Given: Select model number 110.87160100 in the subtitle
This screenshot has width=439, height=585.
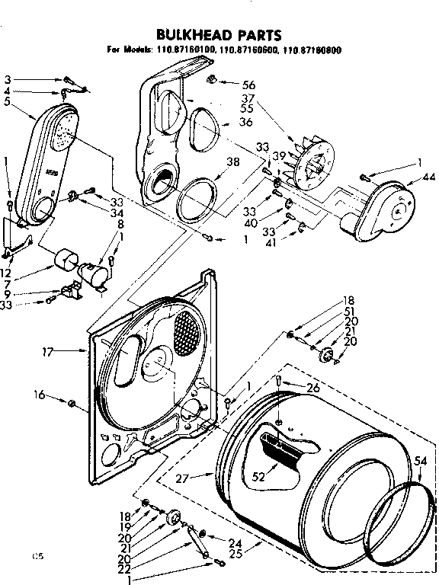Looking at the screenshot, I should click(x=185, y=50).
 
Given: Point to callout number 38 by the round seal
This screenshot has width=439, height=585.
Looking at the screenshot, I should click(x=233, y=161).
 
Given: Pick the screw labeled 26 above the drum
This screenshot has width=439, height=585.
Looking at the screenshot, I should click(x=280, y=381).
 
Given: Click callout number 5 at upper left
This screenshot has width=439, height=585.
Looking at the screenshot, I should click(x=7, y=102).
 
